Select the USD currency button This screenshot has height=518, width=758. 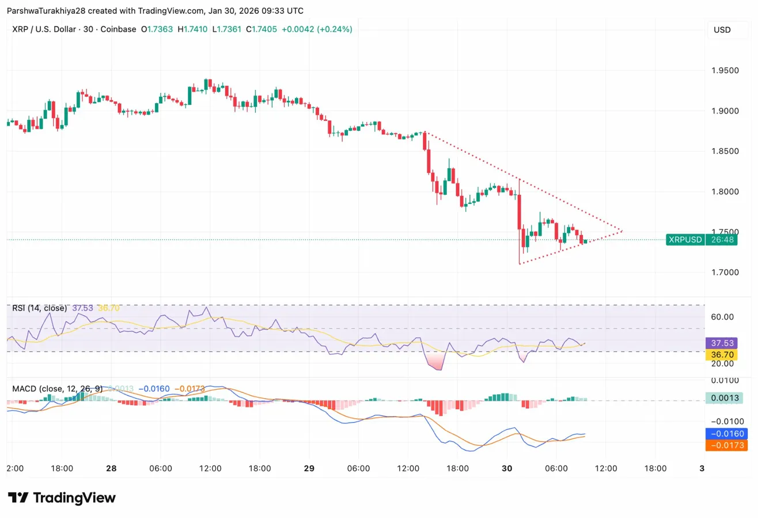pyautogui.click(x=722, y=29)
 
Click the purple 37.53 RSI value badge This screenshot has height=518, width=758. pyautogui.click(x=723, y=343)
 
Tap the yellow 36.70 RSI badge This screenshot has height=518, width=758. pyautogui.click(x=723, y=353)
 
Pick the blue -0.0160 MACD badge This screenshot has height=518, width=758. pyautogui.click(x=723, y=433)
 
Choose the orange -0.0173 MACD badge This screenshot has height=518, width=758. pyautogui.click(x=723, y=445)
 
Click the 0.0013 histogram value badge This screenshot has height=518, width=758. pyautogui.click(x=723, y=398)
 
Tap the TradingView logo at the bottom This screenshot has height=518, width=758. pyautogui.click(x=62, y=498)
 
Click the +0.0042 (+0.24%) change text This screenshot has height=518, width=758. pyautogui.click(x=317, y=29)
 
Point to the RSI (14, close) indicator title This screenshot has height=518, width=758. pyautogui.click(x=40, y=308)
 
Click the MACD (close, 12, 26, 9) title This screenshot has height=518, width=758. pyautogui.click(x=57, y=389)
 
